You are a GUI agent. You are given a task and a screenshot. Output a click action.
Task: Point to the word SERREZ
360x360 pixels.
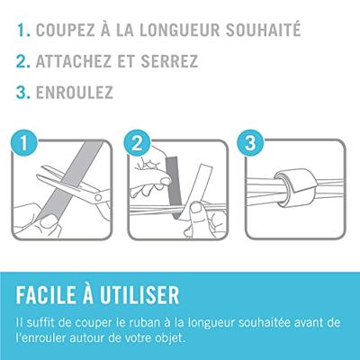click(x=169, y=60)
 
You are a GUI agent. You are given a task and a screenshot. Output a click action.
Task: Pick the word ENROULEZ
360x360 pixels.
click(x=75, y=92)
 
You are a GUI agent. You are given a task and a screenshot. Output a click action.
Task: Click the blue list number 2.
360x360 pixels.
click(x=23, y=61)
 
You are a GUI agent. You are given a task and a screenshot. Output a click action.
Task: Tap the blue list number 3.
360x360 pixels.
click(x=23, y=92)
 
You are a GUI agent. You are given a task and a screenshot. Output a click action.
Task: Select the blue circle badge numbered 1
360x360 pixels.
click(x=23, y=143)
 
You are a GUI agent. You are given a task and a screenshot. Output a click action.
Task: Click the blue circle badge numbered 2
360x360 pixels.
click(x=137, y=143)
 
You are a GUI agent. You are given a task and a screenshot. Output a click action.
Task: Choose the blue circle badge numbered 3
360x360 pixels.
click(x=250, y=143)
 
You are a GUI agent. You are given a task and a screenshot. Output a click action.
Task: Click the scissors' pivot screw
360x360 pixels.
click(x=98, y=197)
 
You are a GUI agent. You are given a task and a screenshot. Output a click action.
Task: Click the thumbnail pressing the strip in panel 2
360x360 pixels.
click(x=197, y=207)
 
